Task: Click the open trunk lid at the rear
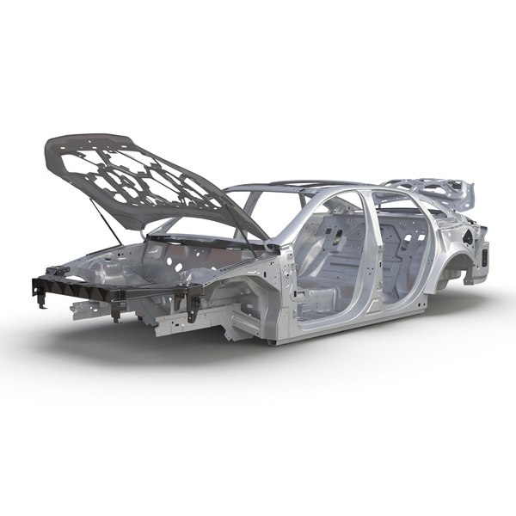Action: pos(430,191)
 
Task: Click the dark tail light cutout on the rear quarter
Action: pos(485,255)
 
